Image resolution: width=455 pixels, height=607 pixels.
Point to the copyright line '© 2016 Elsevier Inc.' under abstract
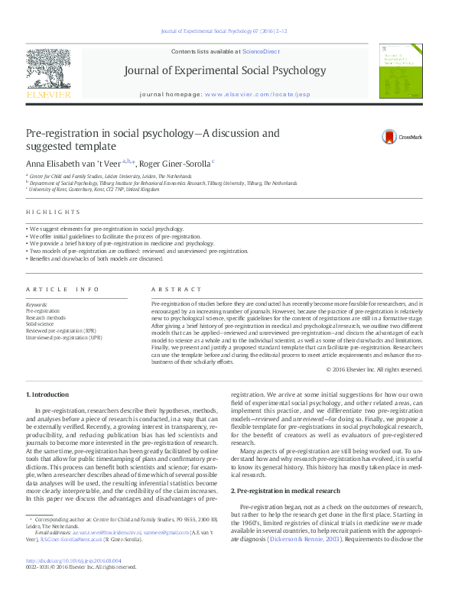coord(374,369)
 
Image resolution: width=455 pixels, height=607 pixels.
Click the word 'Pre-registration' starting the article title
coord(54,133)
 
